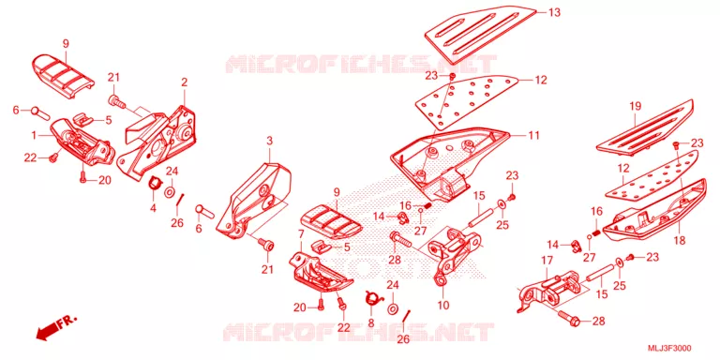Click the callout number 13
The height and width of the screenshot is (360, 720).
(x=554, y=12)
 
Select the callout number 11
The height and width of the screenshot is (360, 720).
(x=533, y=135)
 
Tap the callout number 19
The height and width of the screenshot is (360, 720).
(x=635, y=107)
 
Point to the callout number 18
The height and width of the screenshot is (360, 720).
(x=680, y=240)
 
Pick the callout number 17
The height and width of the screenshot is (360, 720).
(x=547, y=261)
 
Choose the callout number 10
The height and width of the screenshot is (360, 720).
(x=443, y=305)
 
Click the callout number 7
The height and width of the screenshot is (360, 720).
(x=301, y=234)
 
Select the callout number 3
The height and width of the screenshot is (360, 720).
(x=269, y=140)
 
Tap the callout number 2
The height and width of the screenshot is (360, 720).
(x=184, y=82)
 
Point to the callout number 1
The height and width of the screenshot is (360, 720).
(x=34, y=135)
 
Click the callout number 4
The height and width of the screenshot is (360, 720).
(x=153, y=208)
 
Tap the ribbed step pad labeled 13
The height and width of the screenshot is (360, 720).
(x=481, y=35)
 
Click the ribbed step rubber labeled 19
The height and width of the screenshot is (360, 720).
(x=645, y=126)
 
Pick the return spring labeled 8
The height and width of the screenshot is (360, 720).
(x=373, y=298)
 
